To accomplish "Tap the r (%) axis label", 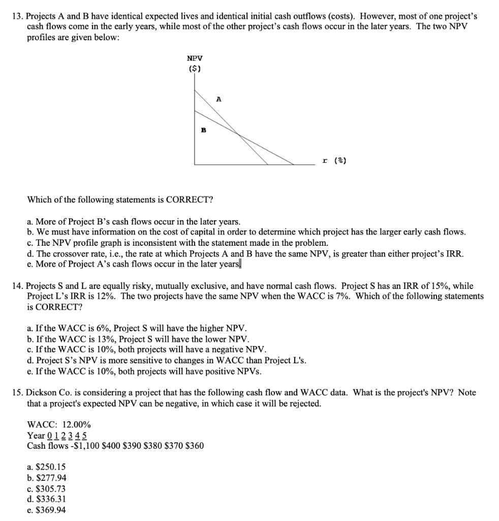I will [334, 161].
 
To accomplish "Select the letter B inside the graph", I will [203, 130].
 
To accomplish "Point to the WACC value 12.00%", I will [78, 425].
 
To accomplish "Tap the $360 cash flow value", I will [195, 446].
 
